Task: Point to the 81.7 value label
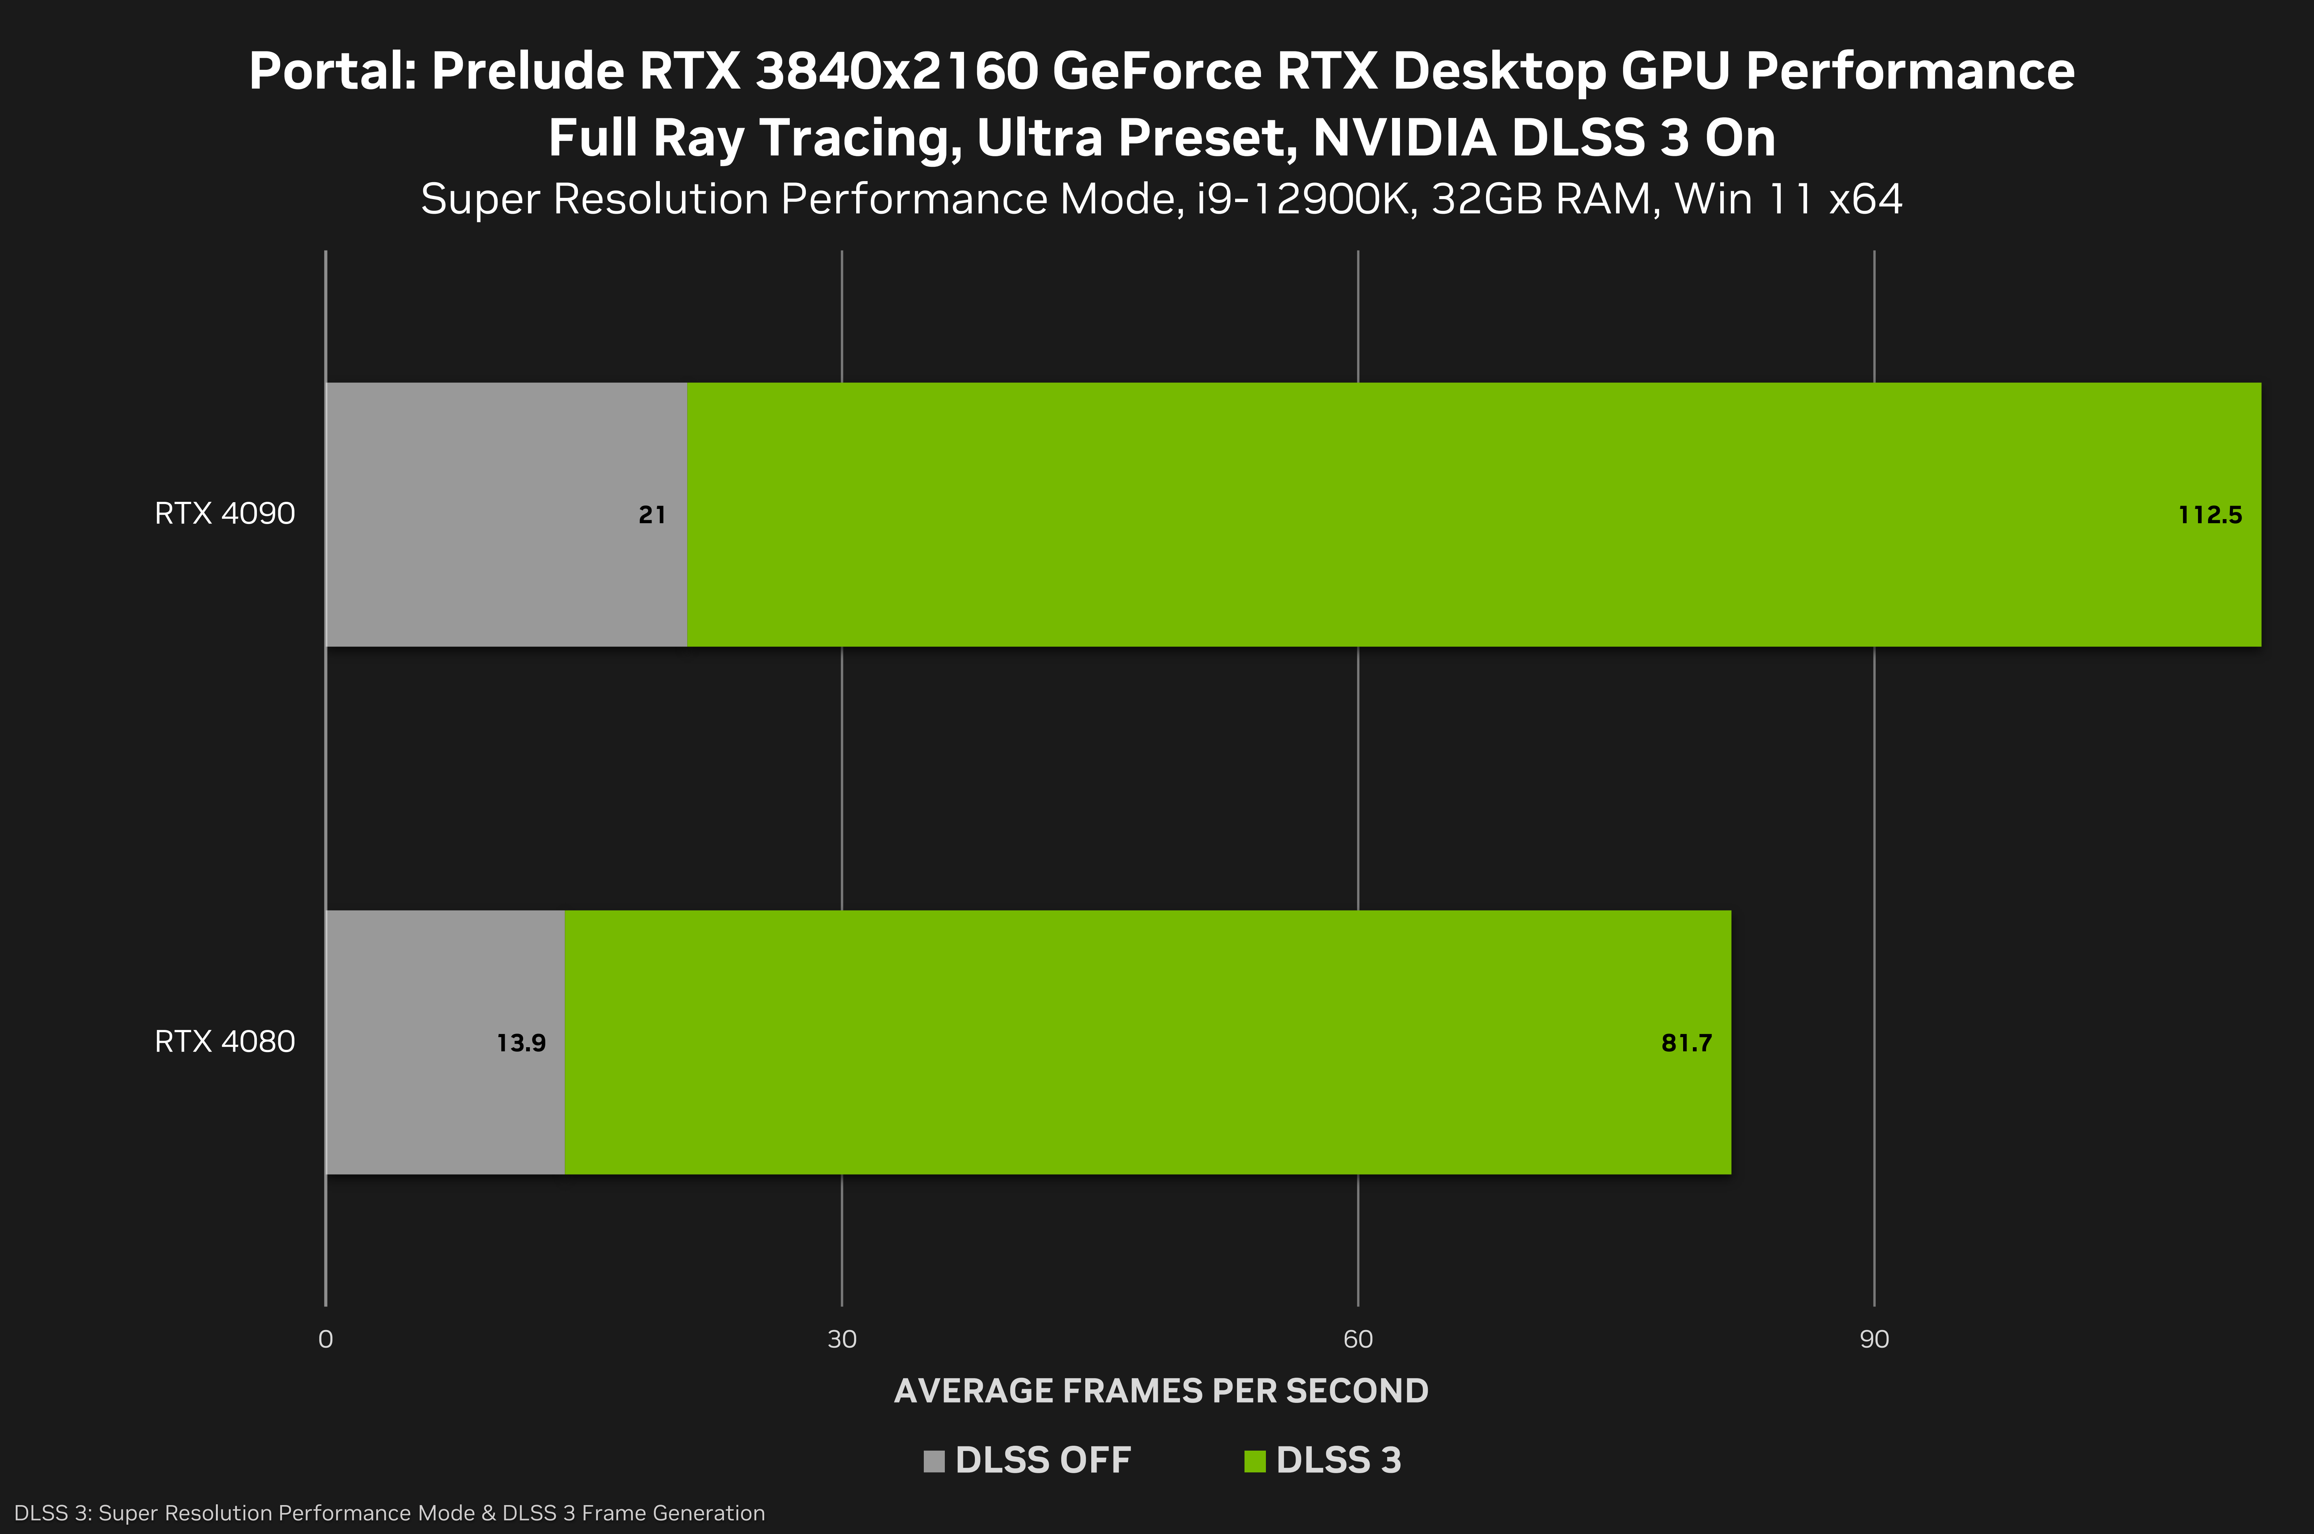pos(1686,1043)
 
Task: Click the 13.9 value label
pos(521,1043)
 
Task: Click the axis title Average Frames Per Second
pos(1161,1390)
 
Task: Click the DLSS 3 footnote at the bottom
pos(389,1513)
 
